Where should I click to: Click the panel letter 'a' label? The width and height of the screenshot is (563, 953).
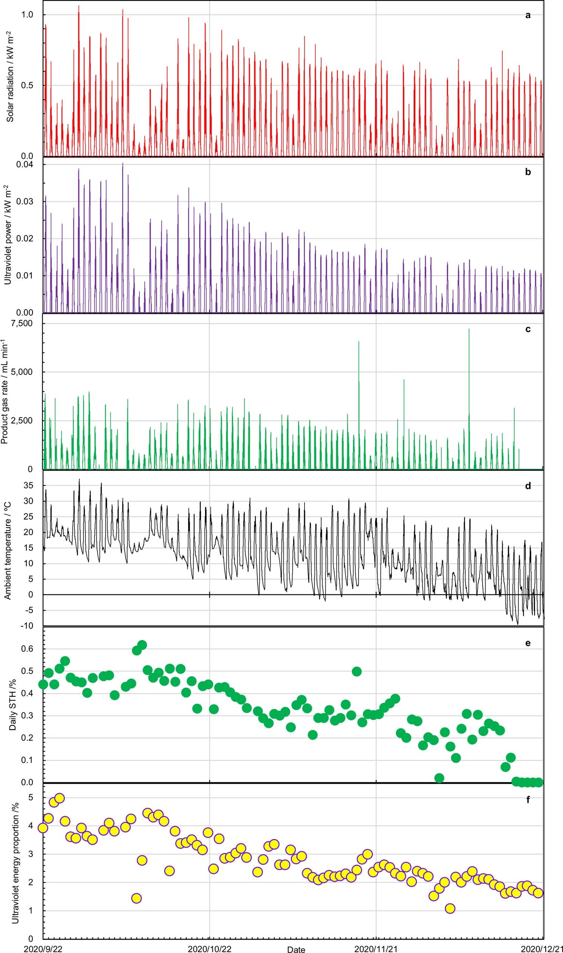528,15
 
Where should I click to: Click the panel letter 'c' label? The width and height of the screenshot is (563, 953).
528,329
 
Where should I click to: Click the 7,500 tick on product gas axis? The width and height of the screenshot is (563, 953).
23,323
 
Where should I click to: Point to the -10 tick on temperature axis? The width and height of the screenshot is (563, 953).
27,626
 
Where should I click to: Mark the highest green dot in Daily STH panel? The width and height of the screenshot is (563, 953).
142,645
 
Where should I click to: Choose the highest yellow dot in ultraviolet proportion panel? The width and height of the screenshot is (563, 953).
60,798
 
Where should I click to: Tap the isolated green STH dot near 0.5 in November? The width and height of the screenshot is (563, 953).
357,671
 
